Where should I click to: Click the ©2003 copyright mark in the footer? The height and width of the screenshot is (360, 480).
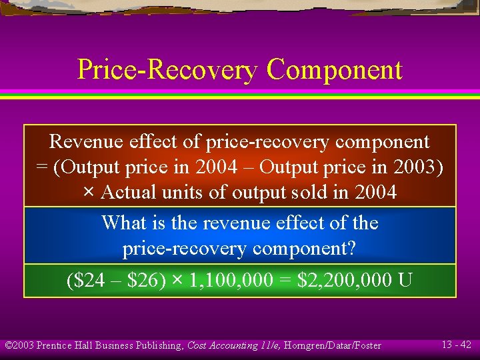point(19,345)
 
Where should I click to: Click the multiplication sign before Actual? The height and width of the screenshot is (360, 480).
point(89,193)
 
